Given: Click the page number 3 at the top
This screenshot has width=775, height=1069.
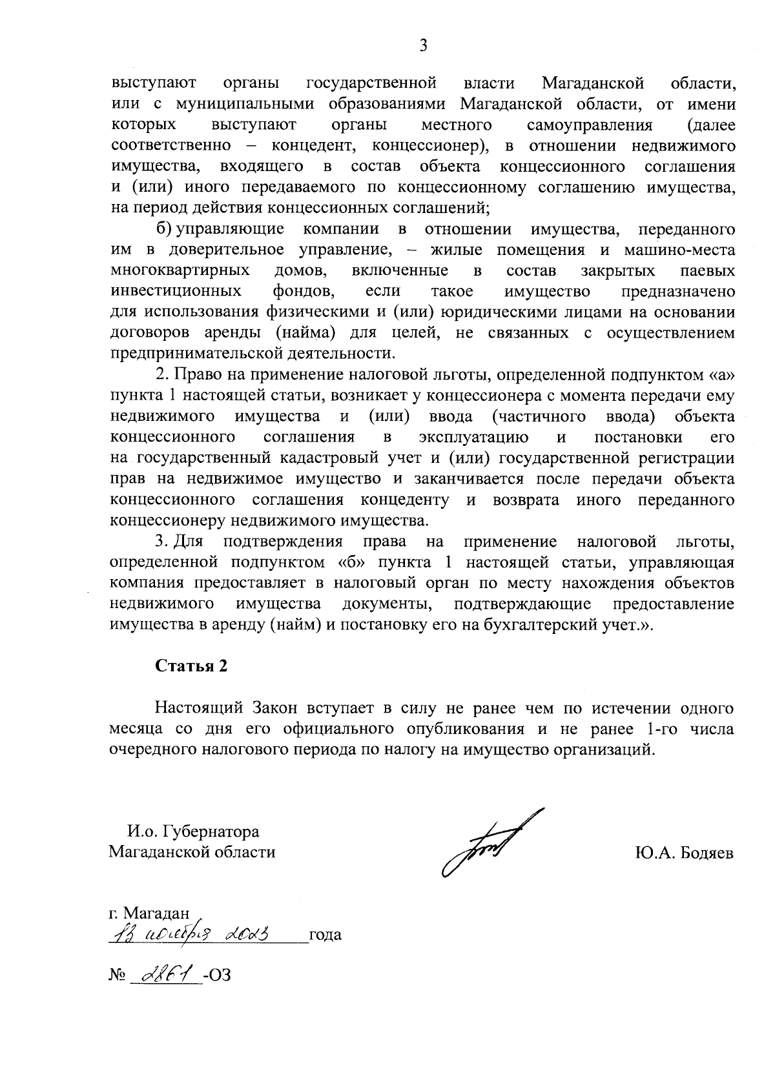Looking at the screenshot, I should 423,45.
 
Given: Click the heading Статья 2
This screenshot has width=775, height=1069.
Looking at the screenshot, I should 191,666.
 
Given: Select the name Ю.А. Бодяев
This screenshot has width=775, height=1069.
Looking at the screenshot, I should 685,853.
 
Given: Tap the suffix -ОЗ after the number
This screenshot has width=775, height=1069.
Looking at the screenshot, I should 216,974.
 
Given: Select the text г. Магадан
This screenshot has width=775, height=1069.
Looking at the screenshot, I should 149,913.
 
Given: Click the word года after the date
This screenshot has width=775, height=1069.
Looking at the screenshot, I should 325,935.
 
